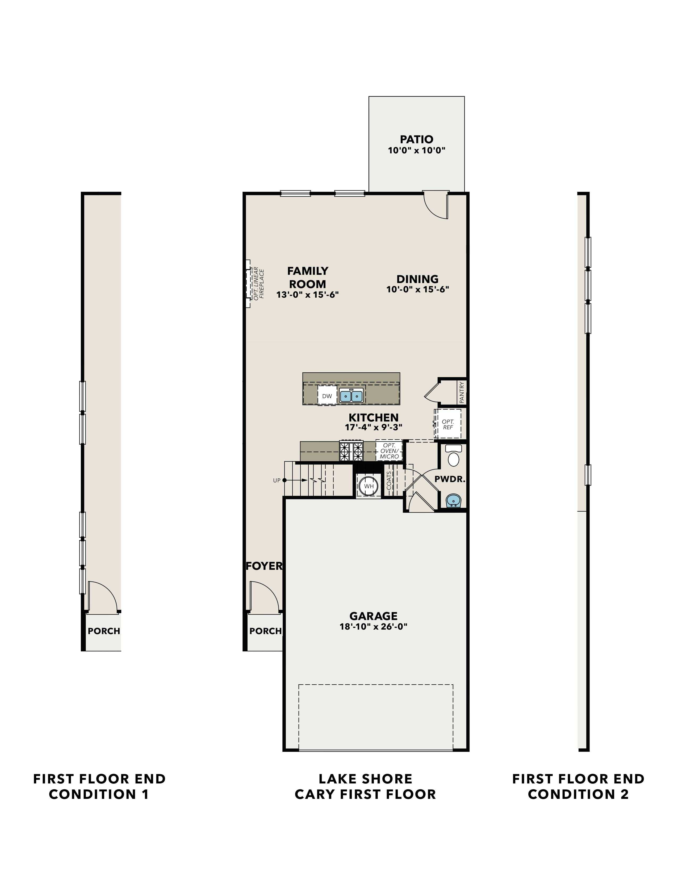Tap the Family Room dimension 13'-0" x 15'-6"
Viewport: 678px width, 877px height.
[x=307, y=294]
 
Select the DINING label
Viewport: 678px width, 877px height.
[x=417, y=279]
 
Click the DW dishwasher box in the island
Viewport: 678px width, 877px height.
[x=327, y=396]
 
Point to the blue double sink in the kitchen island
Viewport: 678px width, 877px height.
[x=351, y=395]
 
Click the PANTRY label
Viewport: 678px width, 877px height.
[x=462, y=392]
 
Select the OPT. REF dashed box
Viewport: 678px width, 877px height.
[x=448, y=424]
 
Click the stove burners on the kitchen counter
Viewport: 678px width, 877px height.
[x=351, y=451]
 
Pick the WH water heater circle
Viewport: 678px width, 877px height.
[x=369, y=486]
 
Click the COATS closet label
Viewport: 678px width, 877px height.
[x=389, y=481]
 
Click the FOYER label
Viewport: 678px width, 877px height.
[x=264, y=566]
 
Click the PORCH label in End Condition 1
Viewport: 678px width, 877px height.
[x=104, y=631]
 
